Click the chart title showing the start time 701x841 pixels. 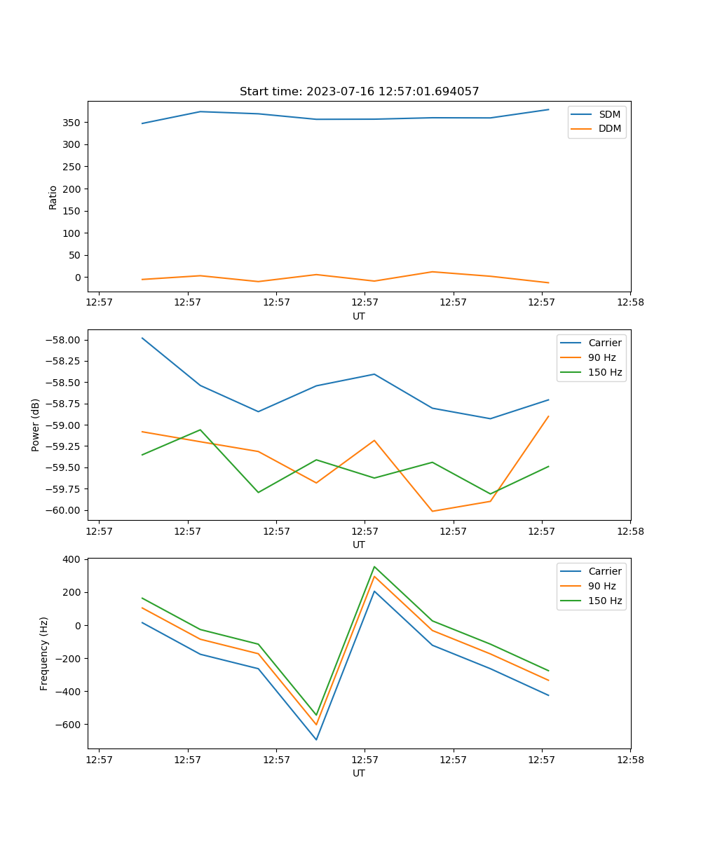359,92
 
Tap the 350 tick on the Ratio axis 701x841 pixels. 73,123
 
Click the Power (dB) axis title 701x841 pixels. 36,425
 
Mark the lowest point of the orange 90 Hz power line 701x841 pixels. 432,511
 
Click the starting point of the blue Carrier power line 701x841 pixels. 142,338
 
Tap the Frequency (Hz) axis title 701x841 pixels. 44,653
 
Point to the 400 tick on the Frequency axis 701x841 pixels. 73,559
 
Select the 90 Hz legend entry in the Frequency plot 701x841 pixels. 601,586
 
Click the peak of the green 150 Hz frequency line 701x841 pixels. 374,566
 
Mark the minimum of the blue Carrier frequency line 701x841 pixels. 316,739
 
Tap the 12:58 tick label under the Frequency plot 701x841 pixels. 629,759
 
